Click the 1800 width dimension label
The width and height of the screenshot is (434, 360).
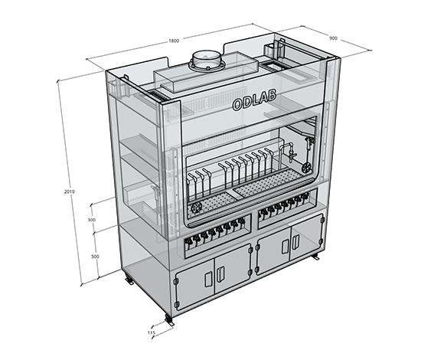coord(174,41)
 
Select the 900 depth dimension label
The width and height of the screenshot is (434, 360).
coord(333,38)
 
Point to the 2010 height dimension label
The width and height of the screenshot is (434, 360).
coord(69,191)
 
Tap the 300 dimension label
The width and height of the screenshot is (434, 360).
coord(91,220)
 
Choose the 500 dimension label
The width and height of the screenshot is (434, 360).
coord(95,257)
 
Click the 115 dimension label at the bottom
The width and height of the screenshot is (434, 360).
coord(151,332)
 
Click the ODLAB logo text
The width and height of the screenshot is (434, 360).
coord(254,100)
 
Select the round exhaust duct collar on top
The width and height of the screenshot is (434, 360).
coord(206,61)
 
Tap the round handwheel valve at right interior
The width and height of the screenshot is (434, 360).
coord(306,167)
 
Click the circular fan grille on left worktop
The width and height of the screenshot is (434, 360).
coord(196,207)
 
